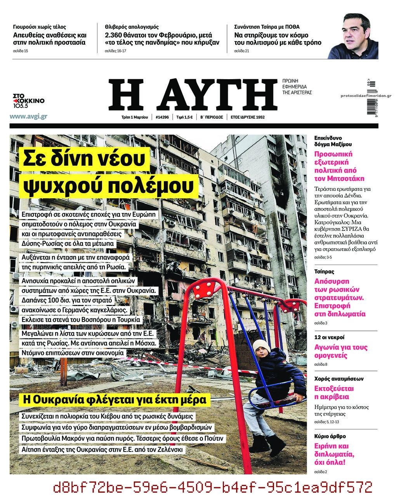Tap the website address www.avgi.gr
tap(28, 116)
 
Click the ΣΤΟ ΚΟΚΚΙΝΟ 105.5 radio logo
tap(28, 100)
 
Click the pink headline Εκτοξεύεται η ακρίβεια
tap(334, 393)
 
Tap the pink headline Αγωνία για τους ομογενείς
tap(340, 351)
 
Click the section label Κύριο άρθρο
tap(330, 436)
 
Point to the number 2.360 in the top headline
tap(117, 35)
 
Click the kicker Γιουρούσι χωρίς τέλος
tap(39, 27)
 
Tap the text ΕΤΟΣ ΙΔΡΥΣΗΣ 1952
tap(247, 117)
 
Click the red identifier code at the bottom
tap(212, 486)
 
